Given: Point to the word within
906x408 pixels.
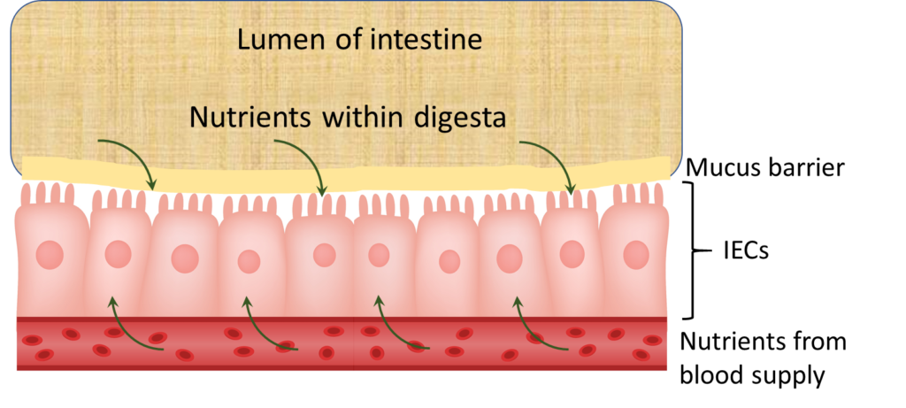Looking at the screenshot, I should click(x=359, y=117).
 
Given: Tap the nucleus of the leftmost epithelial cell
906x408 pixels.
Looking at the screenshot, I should click(x=50, y=256).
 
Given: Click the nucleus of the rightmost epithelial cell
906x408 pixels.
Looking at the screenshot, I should click(x=635, y=255).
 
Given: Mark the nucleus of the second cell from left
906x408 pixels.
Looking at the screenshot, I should click(x=118, y=254).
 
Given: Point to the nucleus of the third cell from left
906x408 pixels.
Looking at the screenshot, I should click(x=185, y=259).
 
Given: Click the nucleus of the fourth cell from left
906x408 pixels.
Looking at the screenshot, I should click(x=250, y=261).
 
